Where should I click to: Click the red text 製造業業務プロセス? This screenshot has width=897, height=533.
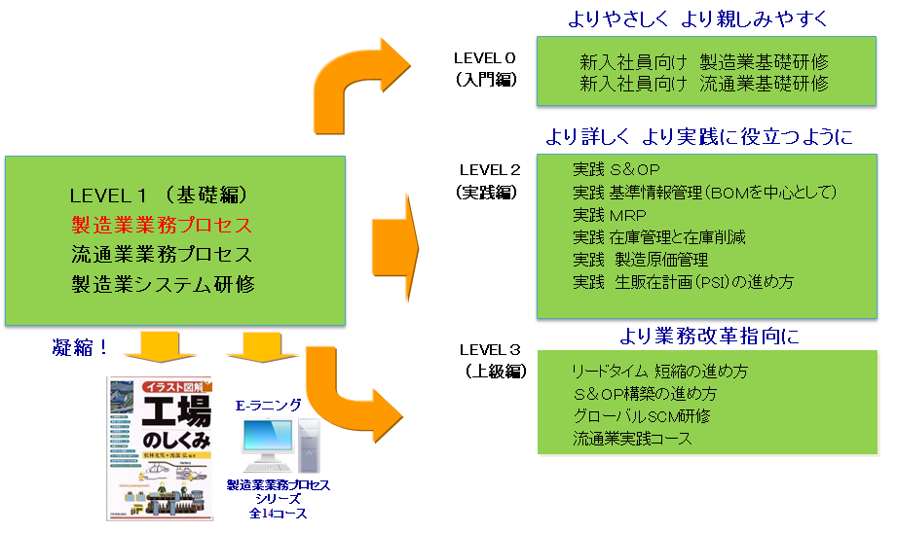tap(162, 225)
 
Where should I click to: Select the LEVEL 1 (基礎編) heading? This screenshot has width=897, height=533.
tap(163, 194)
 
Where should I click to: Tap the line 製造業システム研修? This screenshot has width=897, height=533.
tap(162, 284)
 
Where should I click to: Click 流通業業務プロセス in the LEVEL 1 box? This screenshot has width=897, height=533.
tap(162, 255)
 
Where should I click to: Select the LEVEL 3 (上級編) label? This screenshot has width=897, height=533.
tap(492, 360)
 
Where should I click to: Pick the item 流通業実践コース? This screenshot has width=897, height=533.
tap(632, 439)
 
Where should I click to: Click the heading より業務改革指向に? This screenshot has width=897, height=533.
tap(709, 338)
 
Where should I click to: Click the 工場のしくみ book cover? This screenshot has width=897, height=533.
tap(160, 447)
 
